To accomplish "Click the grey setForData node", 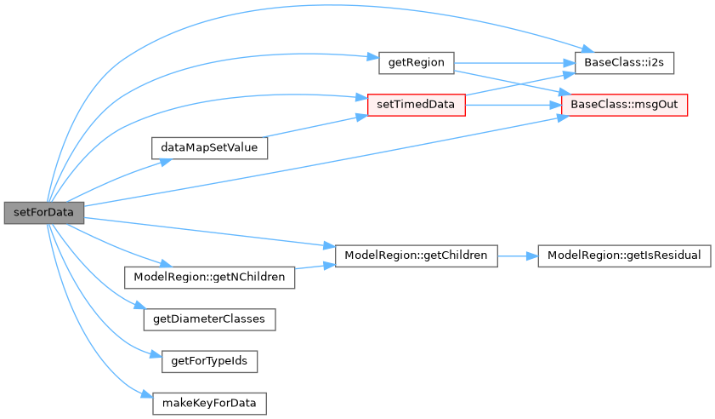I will [x=43, y=212].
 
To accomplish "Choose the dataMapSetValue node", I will [x=209, y=147].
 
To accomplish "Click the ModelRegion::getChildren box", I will [x=416, y=255].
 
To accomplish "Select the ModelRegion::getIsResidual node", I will [x=624, y=255].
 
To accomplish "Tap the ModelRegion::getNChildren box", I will [x=209, y=277].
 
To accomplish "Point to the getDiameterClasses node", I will [x=209, y=319].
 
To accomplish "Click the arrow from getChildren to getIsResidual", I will [x=517, y=255].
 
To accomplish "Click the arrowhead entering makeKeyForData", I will [x=145, y=393].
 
